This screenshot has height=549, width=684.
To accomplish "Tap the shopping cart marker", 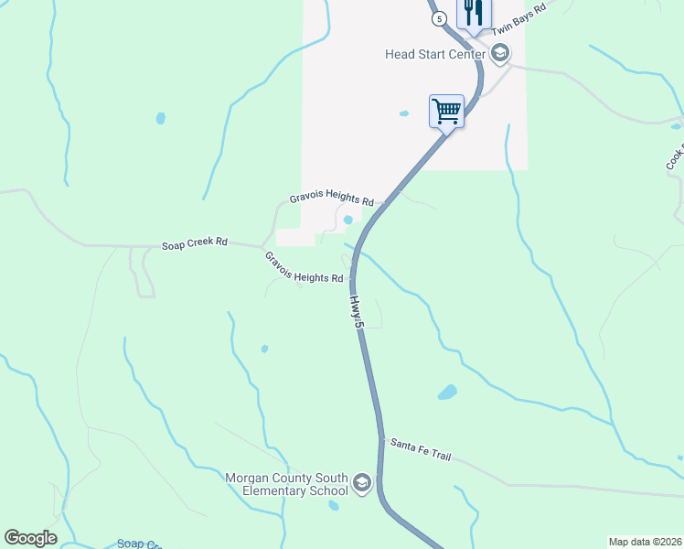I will pyautogui.click(x=446, y=112).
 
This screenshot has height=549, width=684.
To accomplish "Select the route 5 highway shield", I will pyautogui.click(x=440, y=18).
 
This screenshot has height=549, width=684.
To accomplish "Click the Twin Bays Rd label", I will pyautogui.click(x=518, y=18).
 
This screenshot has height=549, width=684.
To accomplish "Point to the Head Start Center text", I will pyautogui.click(x=434, y=54).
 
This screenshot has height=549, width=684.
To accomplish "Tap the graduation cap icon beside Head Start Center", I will pyautogui.click(x=499, y=54).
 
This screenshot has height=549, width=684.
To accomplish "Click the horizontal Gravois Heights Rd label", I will pyautogui.click(x=332, y=199).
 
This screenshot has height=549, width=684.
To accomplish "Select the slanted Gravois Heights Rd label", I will pyautogui.click(x=304, y=267).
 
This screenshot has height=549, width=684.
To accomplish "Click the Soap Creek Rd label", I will pyautogui.click(x=194, y=244).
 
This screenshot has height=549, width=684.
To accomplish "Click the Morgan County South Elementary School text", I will pyautogui.click(x=286, y=484).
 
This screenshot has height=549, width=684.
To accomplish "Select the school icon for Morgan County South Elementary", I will pyautogui.click(x=362, y=483).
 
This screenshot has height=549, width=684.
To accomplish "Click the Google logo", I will pyautogui.click(x=30, y=538).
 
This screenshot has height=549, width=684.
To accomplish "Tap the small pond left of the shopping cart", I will pyautogui.click(x=404, y=114).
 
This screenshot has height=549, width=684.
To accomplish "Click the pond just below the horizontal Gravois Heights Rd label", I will pyautogui.click(x=348, y=220).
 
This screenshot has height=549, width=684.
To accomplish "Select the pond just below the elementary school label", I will pyautogui.click(x=334, y=505).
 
